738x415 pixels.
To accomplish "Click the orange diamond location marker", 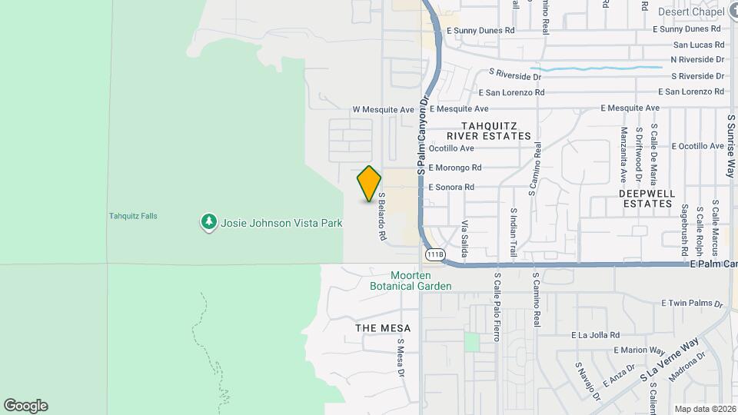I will click(369, 184).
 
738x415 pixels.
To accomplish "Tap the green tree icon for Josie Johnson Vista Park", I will click(208, 223).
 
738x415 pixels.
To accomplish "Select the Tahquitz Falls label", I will click(133, 216).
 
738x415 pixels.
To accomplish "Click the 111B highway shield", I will click(434, 254).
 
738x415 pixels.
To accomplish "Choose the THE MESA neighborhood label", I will click(383, 328).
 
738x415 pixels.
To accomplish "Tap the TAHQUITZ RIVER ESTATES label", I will click(496, 130).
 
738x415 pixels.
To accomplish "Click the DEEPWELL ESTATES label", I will click(646, 198).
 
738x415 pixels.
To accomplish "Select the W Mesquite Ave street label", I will click(384, 110).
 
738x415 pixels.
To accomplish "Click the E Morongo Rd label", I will click(455, 168).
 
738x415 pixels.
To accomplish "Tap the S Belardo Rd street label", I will click(381, 217).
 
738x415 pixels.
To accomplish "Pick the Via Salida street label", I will click(464, 239).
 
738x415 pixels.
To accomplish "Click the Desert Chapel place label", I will click(691, 12).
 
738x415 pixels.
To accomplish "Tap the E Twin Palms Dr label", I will click(692, 304).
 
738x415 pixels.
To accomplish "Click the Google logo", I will click(25, 406).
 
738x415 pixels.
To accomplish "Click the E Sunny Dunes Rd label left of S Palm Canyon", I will click(484, 31).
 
